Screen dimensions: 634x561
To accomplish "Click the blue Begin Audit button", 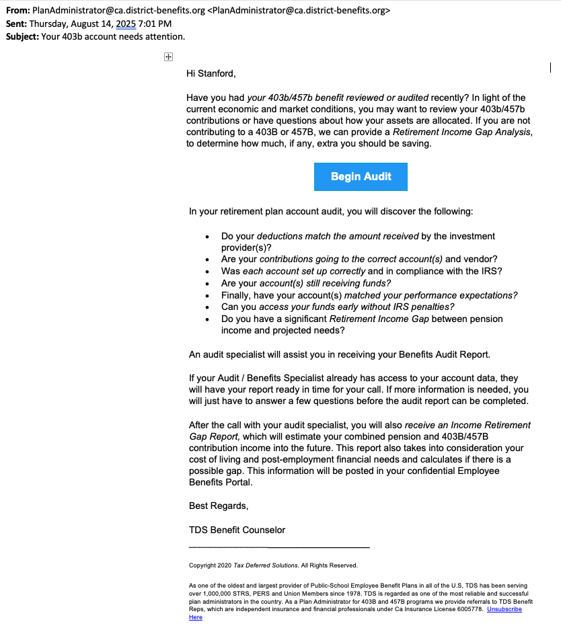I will [x=361, y=177].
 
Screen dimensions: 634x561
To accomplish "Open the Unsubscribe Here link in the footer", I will [x=504, y=609].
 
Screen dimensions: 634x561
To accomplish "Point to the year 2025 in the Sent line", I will [x=126, y=24].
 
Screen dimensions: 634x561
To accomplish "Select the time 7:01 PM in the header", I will [x=155, y=24].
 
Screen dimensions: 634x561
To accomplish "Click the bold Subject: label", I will [x=22, y=36].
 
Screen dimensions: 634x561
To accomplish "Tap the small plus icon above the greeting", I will [x=169, y=58].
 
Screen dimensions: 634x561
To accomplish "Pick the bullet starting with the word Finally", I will [x=369, y=295].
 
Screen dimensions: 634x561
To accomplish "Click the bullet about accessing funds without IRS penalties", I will [x=338, y=307].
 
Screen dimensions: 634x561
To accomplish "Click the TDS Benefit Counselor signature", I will [x=237, y=530].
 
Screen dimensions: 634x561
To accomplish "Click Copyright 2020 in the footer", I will [x=210, y=565].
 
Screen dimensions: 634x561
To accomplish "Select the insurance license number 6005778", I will [x=469, y=609].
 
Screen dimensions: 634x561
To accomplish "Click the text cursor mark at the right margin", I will [x=550, y=67].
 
